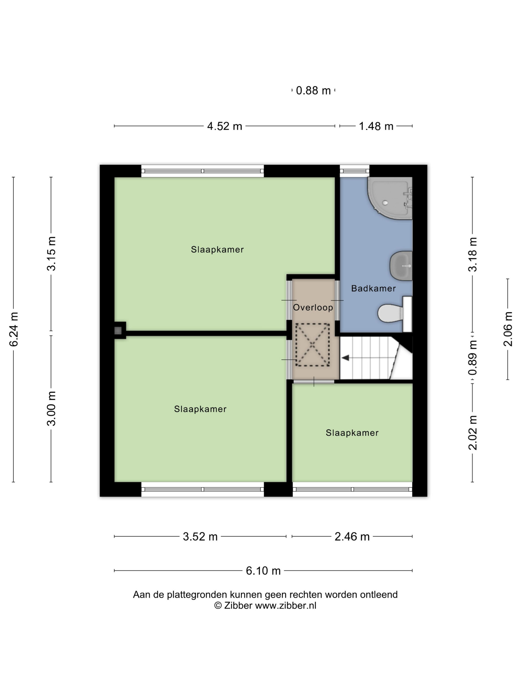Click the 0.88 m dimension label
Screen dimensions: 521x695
coord(313,91)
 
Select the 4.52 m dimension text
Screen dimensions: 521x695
coord(225,126)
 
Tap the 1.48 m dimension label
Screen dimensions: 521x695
coord(376,126)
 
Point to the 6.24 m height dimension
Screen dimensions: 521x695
coord(14,329)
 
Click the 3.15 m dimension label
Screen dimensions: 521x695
coord(51,254)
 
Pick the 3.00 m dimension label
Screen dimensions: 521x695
coord(51,409)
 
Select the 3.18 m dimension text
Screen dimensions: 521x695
coord(473,254)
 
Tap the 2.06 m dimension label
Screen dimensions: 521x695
coord(508,329)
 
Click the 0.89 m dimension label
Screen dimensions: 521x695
coord(473,358)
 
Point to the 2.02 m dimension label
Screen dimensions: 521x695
coord(473,433)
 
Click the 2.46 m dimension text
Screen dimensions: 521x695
coord(352,537)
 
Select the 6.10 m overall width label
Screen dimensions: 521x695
coord(263,571)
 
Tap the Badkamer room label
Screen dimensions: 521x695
coord(373,288)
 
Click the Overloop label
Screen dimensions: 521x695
coord(313,308)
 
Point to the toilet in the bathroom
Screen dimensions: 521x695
coord(395,313)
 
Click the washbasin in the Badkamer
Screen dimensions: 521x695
coord(401,266)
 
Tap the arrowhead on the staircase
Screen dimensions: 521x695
coord(345,358)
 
